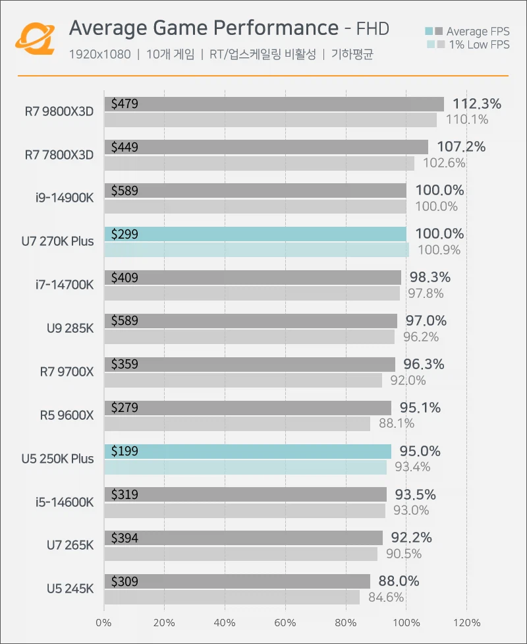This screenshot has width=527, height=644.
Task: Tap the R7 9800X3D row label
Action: [x=59, y=111]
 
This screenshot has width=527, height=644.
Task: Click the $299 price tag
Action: [x=125, y=234]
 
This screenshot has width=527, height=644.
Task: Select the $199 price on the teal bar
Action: [x=125, y=451]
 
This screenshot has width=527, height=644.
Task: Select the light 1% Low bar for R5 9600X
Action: [x=237, y=424]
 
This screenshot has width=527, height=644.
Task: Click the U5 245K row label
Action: [x=70, y=589]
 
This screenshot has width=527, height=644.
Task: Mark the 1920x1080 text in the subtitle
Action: [x=99, y=54]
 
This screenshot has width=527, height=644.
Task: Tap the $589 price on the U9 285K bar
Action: [x=125, y=321]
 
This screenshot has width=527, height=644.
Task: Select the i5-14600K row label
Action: [x=64, y=502]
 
